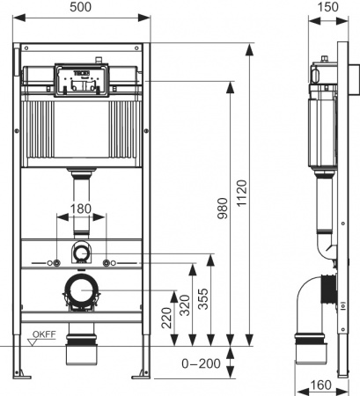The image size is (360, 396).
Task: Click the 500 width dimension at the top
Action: pyautogui.click(x=83, y=8)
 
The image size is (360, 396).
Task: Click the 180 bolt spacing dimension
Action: pyautogui.click(x=81, y=208)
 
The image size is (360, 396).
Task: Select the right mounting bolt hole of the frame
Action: pyautogui.click(x=107, y=263)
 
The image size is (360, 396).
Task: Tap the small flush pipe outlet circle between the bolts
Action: pyautogui.click(x=81, y=253)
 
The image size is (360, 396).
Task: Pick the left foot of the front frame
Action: pyautogui.click(x=19, y=376)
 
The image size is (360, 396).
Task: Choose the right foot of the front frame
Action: pyautogui.click(x=142, y=376)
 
